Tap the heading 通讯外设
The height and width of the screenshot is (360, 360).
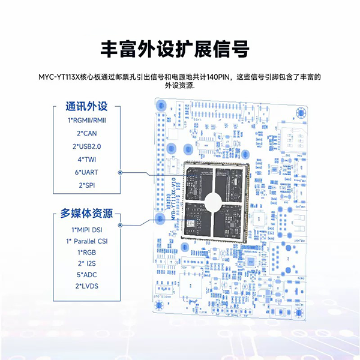coord(86,107)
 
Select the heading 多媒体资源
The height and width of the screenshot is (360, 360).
coord(87,214)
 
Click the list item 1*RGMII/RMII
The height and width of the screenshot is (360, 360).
coord(87,120)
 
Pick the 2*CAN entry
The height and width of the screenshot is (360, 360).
coord(87,133)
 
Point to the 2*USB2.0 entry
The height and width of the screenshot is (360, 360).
coord(87,146)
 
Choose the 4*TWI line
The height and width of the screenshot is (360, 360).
coord(87,159)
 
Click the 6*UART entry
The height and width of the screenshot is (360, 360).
coord(87,172)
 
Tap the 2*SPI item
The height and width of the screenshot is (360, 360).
coord(87,185)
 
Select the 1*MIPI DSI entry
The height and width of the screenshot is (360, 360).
coord(87,229)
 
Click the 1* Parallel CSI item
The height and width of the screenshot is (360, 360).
coord(87,241)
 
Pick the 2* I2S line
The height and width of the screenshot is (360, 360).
coord(87,263)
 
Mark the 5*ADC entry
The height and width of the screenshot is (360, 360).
coord(87,275)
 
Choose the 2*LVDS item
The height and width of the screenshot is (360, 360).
coord(87,286)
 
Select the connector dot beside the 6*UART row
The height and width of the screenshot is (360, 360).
coord(121,173)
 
